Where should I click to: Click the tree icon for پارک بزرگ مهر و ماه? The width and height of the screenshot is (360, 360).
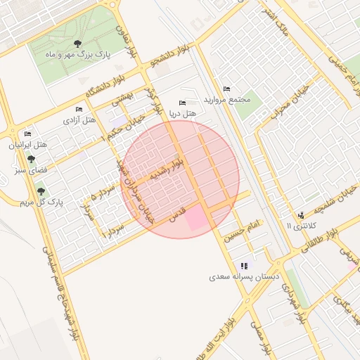click(x=77, y=44)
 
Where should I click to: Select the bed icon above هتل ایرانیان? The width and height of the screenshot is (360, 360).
click(x=27, y=134)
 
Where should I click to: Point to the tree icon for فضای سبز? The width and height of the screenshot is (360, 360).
click(x=31, y=159)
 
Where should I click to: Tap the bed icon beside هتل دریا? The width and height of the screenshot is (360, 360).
click(x=184, y=103)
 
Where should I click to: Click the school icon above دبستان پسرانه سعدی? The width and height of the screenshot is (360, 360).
click(x=244, y=266)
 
